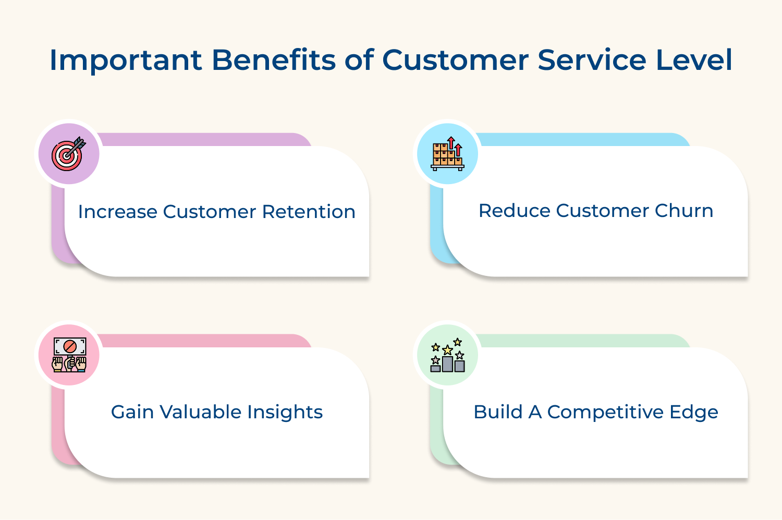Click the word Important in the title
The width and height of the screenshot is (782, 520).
tap(125, 60)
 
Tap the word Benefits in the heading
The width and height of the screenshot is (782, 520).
tap(273, 60)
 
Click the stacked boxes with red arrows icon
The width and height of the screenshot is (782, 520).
tap(447, 153)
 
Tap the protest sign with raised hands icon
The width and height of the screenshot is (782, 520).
tap(69, 354)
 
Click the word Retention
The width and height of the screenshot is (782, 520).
tap(308, 212)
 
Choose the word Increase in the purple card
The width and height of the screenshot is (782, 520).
tap(117, 212)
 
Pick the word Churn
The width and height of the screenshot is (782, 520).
tap(683, 211)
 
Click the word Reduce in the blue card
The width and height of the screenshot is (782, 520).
tap(514, 211)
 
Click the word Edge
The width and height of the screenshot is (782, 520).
tap(694, 412)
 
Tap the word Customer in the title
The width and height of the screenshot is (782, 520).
tap(455, 60)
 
